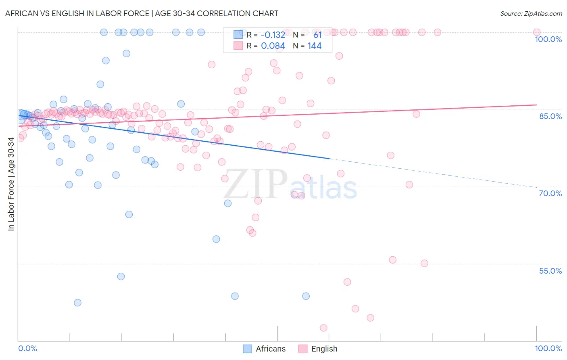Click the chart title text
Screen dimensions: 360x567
click(142, 13)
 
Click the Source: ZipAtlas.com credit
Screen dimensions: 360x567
click(531, 13)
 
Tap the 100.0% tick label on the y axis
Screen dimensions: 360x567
click(548, 39)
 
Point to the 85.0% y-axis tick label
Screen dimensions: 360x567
click(550, 116)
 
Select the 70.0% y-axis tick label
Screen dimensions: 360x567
click(550, 193)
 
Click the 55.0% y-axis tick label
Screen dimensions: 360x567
click(550, 271)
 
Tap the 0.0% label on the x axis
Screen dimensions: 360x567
click(27, 349)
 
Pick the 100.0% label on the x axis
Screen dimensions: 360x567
click(548, 349)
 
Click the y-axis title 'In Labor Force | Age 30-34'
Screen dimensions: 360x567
click(11, 184)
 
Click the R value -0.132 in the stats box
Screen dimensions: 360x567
click(273, 35)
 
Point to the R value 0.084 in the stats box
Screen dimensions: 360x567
click(273, 46)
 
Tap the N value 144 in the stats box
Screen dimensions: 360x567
click(315, 46)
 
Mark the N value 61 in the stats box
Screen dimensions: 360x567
click(317, 35)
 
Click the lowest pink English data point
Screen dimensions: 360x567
click(323, 328)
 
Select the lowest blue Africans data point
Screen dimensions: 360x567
click(77, 303)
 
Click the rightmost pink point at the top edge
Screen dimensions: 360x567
click(537, 32)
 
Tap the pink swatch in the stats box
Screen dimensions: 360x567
click(238, 46)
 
